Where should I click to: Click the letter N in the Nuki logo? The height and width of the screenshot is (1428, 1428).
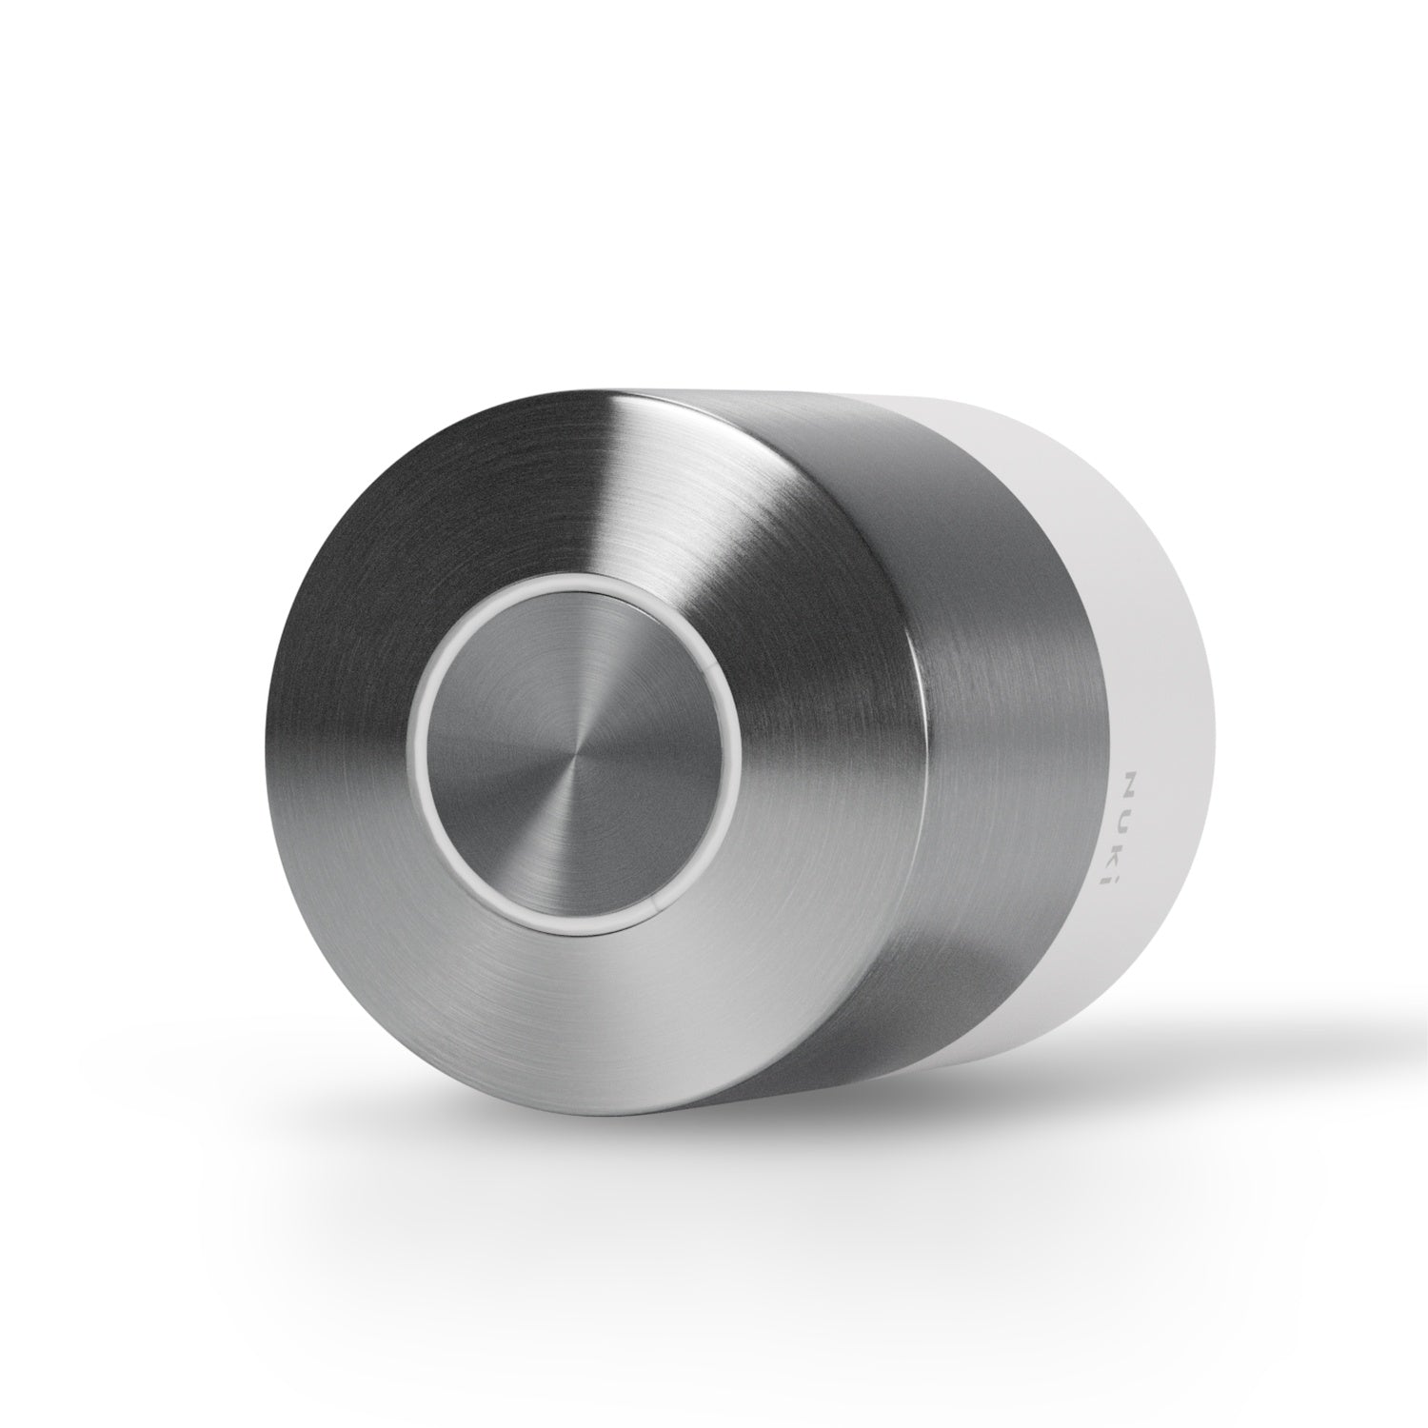point(1133,783)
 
